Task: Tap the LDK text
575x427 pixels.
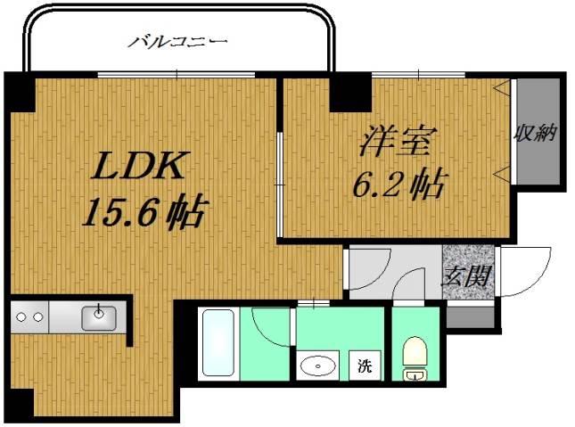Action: pos(139,167)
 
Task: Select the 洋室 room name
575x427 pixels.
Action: pos(398,143)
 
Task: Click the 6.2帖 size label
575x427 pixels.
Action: pos(398,185)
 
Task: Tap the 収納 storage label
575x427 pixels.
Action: pos(535,134)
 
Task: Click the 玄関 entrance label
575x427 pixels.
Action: pos(468,275)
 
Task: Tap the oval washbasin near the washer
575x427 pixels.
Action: pos(316,365)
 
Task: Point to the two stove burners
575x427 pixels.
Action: pos(29,316)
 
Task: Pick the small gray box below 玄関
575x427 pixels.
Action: pos(470,317)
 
